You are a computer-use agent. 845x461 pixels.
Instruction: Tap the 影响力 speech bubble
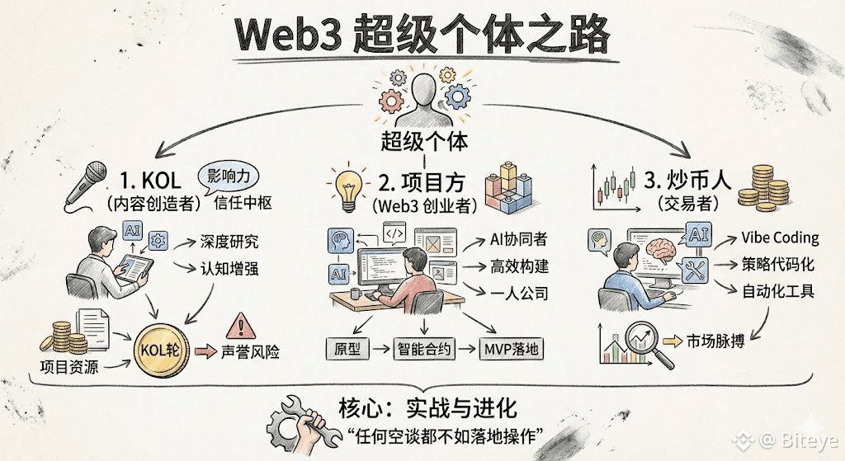point(229,176)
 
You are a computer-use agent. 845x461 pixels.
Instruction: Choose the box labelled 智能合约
point(424,349)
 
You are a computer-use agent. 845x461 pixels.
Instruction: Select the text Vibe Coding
point(779,238)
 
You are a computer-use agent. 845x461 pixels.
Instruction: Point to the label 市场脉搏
point(715,341)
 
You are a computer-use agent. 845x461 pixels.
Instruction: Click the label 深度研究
point(229,242)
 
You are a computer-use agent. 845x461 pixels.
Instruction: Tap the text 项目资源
point(68,367)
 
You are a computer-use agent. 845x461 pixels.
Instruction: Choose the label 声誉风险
point(250,352)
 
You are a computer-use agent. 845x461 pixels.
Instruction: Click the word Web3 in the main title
point(286,35)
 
